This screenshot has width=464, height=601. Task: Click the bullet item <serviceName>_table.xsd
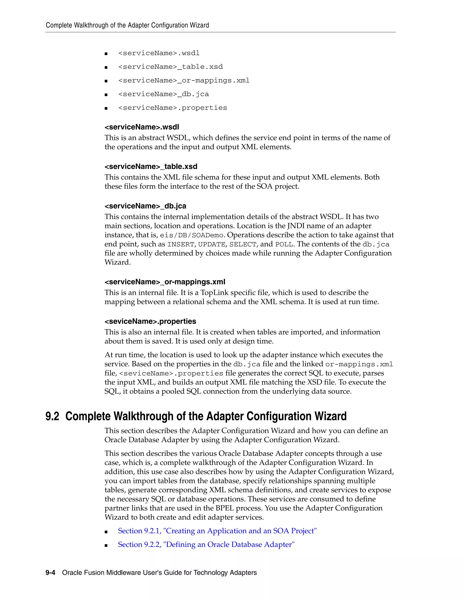pos(170,67)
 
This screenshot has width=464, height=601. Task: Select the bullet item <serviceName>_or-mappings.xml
pos(184,81)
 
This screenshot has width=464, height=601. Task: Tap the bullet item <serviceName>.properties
pos(172,108)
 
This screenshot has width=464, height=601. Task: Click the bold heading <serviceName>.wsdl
pos(142,127)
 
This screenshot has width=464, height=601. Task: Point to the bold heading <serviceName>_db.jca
pos(145,206)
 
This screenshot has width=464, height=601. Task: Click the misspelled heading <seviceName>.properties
pos(150,321)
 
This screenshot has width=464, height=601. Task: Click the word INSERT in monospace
pos(181,244)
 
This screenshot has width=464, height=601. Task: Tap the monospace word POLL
pos(284,244)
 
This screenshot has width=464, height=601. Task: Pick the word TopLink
pos(214,293)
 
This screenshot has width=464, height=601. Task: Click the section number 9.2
pos(52,416)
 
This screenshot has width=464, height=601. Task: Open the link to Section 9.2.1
pos(217,531)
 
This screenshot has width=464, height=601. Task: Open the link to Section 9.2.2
pos(206,545)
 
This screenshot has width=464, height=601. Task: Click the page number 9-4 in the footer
pos(50,573)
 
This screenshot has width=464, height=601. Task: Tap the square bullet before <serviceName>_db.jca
pos(106,95)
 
